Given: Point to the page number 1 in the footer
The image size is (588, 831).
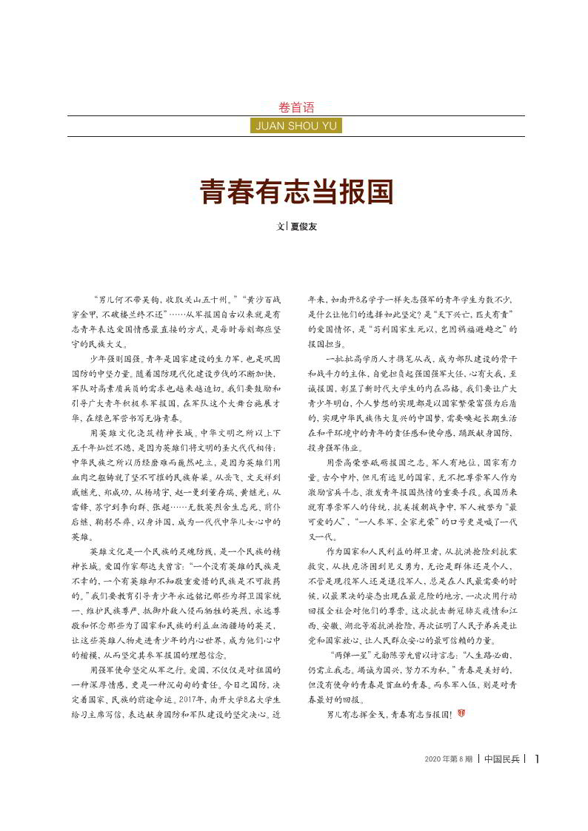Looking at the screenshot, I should pyautogui.click(x=537, y=758).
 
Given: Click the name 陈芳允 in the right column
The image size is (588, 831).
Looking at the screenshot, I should pyautogui.click(x=398, y=655).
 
